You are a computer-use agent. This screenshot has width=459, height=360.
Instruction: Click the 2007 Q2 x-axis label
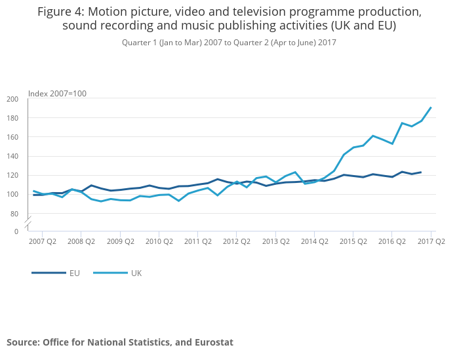(x=42, y=241)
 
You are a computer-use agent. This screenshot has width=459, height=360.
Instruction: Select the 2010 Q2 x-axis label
(x=159, y=241)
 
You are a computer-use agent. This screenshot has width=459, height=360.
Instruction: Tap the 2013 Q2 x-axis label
(x=275, y=241)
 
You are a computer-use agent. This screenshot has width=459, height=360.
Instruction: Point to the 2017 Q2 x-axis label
(x=431, y=241)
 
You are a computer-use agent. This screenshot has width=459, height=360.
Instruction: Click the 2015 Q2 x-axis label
(x=353, y=241)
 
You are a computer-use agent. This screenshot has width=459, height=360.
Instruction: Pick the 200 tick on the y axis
(x=12, y=99)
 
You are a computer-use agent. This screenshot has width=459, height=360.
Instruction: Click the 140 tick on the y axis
(x=12, y=156)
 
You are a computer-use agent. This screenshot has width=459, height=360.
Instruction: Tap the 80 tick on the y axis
(x=14, y=214)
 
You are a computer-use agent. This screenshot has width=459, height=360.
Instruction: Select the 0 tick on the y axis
(x=16, y=231)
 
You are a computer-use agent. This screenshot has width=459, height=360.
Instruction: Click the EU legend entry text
(x=75, y=273)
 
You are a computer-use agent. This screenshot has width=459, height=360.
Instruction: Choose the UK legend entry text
(x=136, y=273)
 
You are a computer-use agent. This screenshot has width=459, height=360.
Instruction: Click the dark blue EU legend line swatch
(x=47, y=273)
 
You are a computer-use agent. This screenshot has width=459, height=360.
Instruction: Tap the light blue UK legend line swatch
(x=109, y=273)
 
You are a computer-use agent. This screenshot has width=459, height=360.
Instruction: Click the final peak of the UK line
(x=431, y=108)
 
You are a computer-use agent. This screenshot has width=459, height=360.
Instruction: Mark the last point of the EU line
(x=421, y=172)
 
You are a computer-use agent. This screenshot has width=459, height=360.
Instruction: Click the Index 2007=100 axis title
(x=57, y=94)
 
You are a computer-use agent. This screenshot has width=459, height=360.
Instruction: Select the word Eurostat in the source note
(x=211, y=342)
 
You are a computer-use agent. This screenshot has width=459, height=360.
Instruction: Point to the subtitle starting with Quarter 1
(x=229, y=42)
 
